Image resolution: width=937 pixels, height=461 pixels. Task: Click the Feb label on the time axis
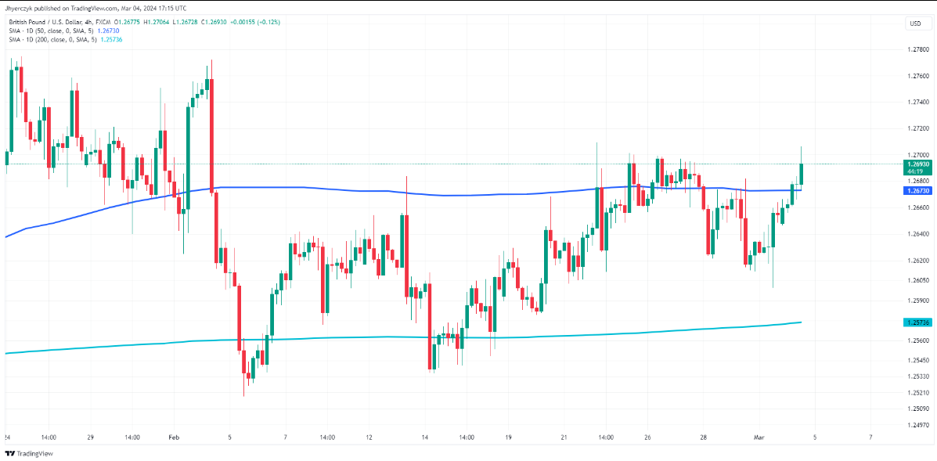[173, 438]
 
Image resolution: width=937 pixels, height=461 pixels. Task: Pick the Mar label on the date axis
[758, 438]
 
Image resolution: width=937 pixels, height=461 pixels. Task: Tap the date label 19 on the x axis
[508, 438]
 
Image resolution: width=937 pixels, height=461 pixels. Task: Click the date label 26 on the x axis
[647, 438]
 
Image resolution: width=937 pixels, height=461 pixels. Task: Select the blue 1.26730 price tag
[917, 191]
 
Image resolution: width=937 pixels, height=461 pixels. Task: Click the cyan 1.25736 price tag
[917, 322]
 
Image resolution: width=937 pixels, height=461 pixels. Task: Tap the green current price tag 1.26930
[917, 164]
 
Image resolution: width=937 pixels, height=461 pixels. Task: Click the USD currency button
[914, 23]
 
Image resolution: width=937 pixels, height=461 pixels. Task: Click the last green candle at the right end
[801, 174]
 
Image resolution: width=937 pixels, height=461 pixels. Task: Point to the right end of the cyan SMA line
[800, 322]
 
